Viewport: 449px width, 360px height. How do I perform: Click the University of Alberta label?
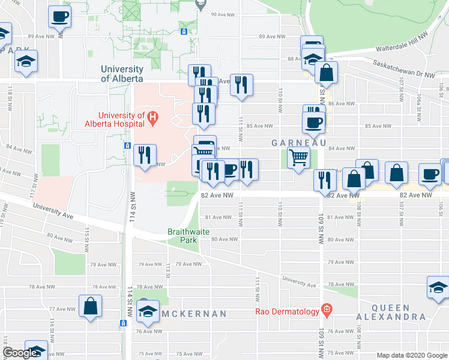click(x=122, y=74)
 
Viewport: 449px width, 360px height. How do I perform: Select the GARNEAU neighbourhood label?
click(x=298, y=143)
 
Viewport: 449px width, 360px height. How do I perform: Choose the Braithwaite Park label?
click(x=182, y=235)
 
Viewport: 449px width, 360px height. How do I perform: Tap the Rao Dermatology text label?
click(x=286, y=310)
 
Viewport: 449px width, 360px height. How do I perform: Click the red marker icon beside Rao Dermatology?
click(x=326, y=310)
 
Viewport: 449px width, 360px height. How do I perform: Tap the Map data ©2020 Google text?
click(x=412, y=355)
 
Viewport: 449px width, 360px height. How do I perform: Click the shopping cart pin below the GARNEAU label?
click(x=298, y=158)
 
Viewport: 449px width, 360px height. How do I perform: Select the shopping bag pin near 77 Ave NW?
click(x=90, y=307)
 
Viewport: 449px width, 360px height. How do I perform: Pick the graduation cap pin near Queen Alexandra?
click(x=438, y=287)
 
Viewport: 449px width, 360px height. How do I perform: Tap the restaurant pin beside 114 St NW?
click(x=145, y=155)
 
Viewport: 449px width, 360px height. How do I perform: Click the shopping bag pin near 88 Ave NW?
click(x=326, y=73)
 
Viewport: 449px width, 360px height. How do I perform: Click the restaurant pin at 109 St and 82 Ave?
click(x=324, y=180)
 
